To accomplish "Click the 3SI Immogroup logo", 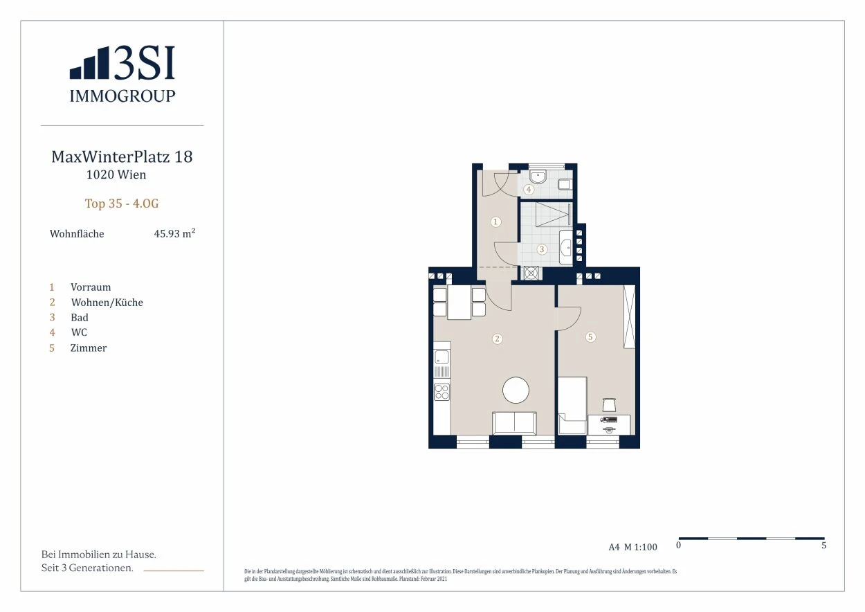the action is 122,74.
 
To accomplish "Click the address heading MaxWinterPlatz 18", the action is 122,157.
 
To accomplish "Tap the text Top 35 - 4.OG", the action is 122,204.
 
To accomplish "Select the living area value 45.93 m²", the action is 174,233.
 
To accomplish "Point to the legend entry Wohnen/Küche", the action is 107,302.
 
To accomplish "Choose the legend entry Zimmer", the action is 89,348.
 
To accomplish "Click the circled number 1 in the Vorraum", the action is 496,222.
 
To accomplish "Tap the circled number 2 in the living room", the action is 497,339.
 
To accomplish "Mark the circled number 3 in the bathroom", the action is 542,249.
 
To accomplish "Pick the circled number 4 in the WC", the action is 529,189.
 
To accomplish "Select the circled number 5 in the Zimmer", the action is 590,337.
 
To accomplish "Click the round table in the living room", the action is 516,390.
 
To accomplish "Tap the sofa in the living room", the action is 514,423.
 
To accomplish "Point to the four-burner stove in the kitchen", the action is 441,391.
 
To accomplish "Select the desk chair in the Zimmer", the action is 609,405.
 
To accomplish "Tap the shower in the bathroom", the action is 553,214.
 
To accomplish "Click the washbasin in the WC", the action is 537,177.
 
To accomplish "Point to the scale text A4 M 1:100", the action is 633,547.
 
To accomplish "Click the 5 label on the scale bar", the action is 823,545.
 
